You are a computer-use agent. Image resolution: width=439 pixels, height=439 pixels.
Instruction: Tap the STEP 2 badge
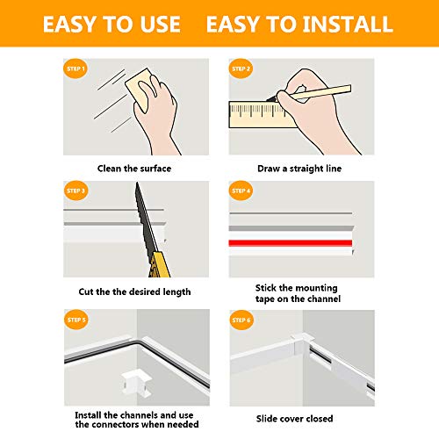click(241, 69)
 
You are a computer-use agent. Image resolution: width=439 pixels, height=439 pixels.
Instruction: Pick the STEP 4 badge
click(241, 190)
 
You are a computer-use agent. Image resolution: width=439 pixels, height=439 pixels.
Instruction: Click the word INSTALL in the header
click(345, 24)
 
